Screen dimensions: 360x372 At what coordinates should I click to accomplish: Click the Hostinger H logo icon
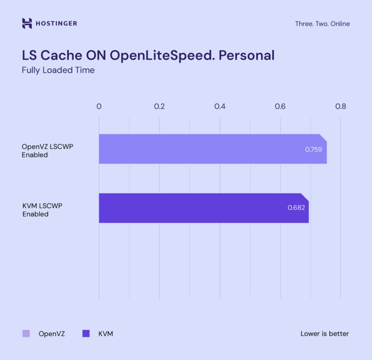tap(27, 23)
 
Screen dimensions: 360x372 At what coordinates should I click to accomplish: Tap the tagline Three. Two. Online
tap(322, 24)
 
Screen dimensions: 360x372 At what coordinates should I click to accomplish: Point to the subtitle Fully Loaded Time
tap(58, 70)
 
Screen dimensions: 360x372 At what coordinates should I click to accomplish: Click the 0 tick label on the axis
tap(99, 106)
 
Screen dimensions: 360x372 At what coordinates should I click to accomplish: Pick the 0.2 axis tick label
tap(159, 106)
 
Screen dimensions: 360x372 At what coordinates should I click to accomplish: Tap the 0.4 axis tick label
tap(220, 106)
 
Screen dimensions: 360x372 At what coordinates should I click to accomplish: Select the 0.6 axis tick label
tap(280, 106)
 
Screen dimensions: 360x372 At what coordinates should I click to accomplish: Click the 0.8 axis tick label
tap(341, 106)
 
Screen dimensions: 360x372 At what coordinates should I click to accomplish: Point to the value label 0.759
tap(313, 150)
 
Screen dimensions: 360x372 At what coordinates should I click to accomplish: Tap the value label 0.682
tap(296, 207)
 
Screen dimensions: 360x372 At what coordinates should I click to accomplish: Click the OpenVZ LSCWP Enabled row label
tap(47, 150)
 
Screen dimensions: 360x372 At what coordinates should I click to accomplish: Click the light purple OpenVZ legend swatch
tap(26, 334)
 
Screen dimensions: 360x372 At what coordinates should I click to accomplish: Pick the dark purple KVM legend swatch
tap(86, 334)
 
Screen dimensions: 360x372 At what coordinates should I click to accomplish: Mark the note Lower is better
tap(325, 334)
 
